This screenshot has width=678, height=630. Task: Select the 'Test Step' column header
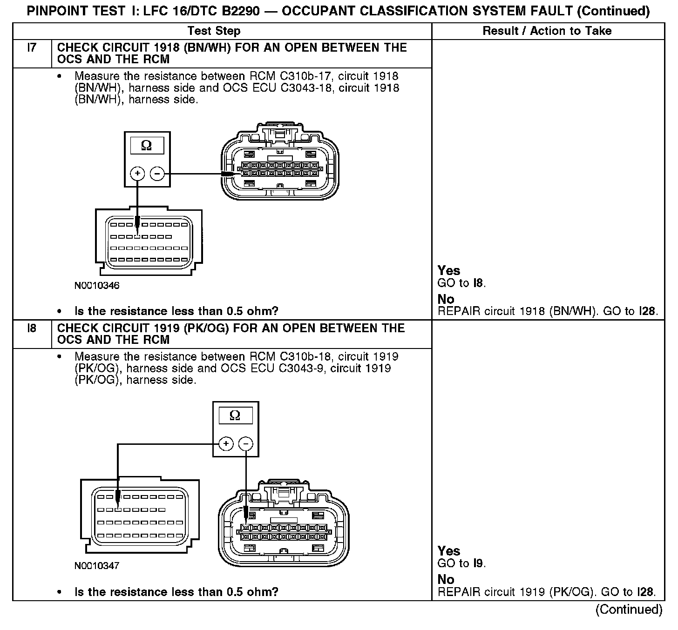(x=214, y=31)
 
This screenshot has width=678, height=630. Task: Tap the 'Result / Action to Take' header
(x=547, y=31)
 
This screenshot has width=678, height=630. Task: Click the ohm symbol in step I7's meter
(x=146, y=146)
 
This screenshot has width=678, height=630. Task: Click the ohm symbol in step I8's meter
(x=235, y=416)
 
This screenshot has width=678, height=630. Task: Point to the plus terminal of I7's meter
(x=137, y=174)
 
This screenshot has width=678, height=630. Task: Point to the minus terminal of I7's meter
(x=157, y=174)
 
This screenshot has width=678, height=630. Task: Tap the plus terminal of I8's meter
(x=226, y=444)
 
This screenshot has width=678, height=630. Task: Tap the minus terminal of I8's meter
(x=246, y=444)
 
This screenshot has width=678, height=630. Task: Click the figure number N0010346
(x=97, y=286)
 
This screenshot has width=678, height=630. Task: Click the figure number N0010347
(x=97, y=566)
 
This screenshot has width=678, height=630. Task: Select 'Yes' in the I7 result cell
(x=449, y=271)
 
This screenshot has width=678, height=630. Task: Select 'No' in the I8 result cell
(x=446, y=579)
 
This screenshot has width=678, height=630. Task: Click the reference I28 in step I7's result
(x=647, y=311)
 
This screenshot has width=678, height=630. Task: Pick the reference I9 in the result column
(x=478, y=563)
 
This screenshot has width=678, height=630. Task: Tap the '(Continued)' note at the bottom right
(x=629, y=609)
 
